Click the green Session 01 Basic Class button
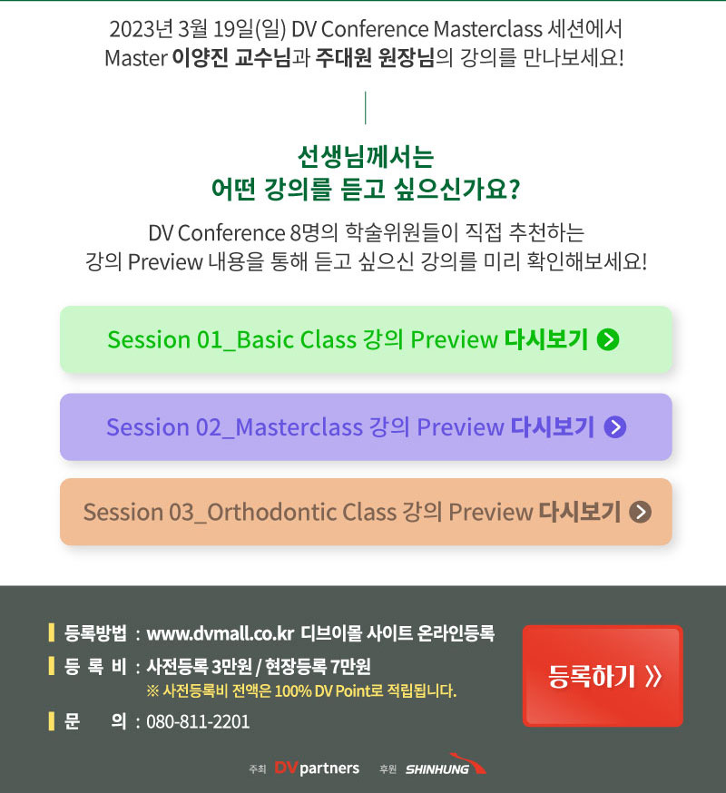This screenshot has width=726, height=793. pos(366,339)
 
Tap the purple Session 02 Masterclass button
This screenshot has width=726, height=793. pos(366,426)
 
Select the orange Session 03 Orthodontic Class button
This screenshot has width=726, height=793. pos(366,512)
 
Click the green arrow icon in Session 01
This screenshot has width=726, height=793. pos(608,339)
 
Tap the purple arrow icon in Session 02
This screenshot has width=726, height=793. pos(615,426)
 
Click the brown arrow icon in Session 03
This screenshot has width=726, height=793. pos(640,512)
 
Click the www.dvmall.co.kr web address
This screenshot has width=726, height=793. pos(221,633)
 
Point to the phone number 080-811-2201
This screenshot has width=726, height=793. pos(198,721)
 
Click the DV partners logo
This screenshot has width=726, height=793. pos(317,769)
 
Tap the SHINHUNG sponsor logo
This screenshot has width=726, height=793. pos(446,765)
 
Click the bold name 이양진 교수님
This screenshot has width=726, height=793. pos(231,58)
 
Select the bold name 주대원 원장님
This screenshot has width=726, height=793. pos(375,58)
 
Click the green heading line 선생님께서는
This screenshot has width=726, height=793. pos(366,156)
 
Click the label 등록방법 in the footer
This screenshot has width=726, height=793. pos(95,633)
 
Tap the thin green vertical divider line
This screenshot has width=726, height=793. pos(366,108)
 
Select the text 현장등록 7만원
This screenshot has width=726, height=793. pos(318,667)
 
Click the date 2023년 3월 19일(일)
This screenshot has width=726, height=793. pos(198,29)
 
